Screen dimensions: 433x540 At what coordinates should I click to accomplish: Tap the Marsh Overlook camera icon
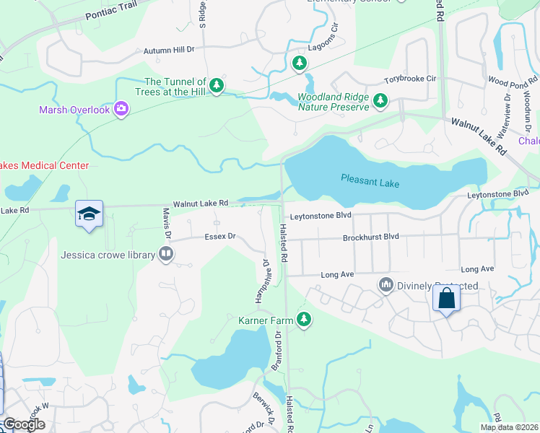121,109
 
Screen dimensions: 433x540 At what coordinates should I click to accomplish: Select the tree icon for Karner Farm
305,318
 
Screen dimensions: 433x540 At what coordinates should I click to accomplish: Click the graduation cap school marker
89,214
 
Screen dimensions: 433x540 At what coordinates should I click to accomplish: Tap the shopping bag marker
446,297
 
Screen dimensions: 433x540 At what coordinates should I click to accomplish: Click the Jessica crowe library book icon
166,254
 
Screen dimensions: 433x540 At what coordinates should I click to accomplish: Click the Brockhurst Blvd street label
371,237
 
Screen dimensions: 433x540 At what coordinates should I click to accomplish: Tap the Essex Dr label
220,236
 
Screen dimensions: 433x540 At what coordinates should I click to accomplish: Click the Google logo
25,424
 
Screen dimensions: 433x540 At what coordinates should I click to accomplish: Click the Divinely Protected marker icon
386,286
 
